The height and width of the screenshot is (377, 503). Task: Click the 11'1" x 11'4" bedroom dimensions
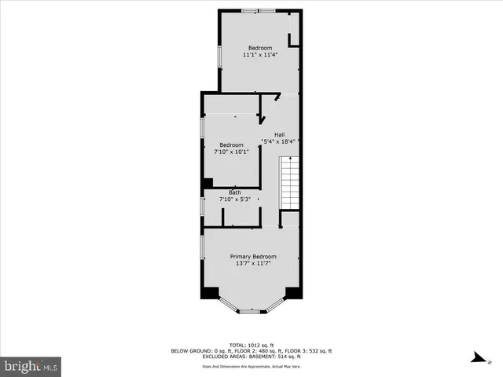[x=260, y=56]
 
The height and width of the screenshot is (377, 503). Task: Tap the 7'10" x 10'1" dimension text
[x=231, y=152]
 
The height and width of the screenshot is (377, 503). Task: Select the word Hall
[x=279, y=134]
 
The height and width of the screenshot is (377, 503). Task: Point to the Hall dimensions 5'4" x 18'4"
[x=279, y=142]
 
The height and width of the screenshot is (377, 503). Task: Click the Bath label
[x=235, y=192]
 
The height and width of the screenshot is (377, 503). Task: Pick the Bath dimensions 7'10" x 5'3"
[x=235, y=199]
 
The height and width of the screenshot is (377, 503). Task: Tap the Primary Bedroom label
[x=253, y=257]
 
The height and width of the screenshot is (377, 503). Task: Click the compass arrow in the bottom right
[x=475, y=357]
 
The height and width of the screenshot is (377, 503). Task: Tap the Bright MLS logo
[x=31, y=366]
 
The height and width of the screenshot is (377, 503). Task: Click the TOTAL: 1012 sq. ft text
[x=251, y=345]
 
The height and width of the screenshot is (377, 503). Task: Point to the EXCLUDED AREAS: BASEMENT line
[x=251, y=357]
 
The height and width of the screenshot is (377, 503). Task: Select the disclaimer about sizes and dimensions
[x=251, y=365]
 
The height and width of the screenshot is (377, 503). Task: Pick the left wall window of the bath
[x=203, y=206]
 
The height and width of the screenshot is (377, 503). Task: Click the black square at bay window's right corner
[x=293, y=293]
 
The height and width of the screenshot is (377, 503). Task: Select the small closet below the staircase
[x=290, y=219]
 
